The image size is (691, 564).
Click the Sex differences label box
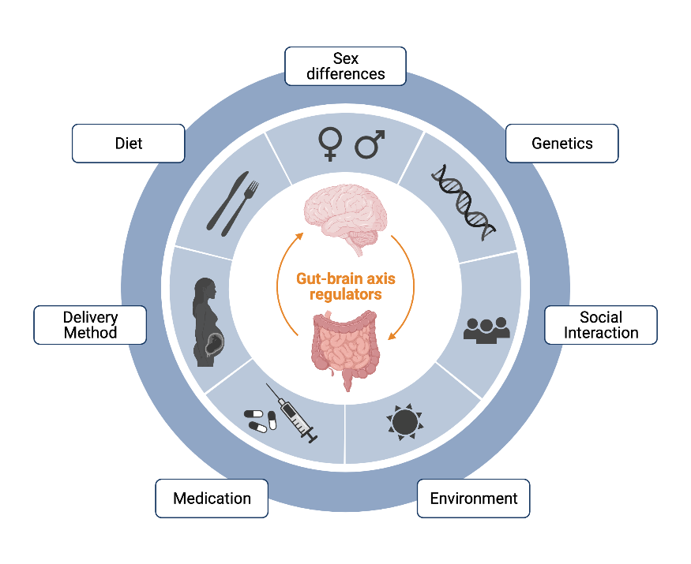[345, 66]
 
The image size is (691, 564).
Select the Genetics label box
[561, 144]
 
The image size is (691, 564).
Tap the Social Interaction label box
[600, 325]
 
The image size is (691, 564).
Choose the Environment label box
[473, 499]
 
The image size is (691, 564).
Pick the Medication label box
[212, 499]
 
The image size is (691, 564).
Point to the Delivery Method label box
[90, 325]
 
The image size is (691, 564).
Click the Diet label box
[128, 144]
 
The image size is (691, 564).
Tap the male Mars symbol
[369, 144]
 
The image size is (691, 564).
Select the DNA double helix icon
[464, 200]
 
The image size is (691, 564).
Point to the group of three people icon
[486, 329]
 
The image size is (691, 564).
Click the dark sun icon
[404, 422]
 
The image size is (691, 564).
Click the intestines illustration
[346, 347]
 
